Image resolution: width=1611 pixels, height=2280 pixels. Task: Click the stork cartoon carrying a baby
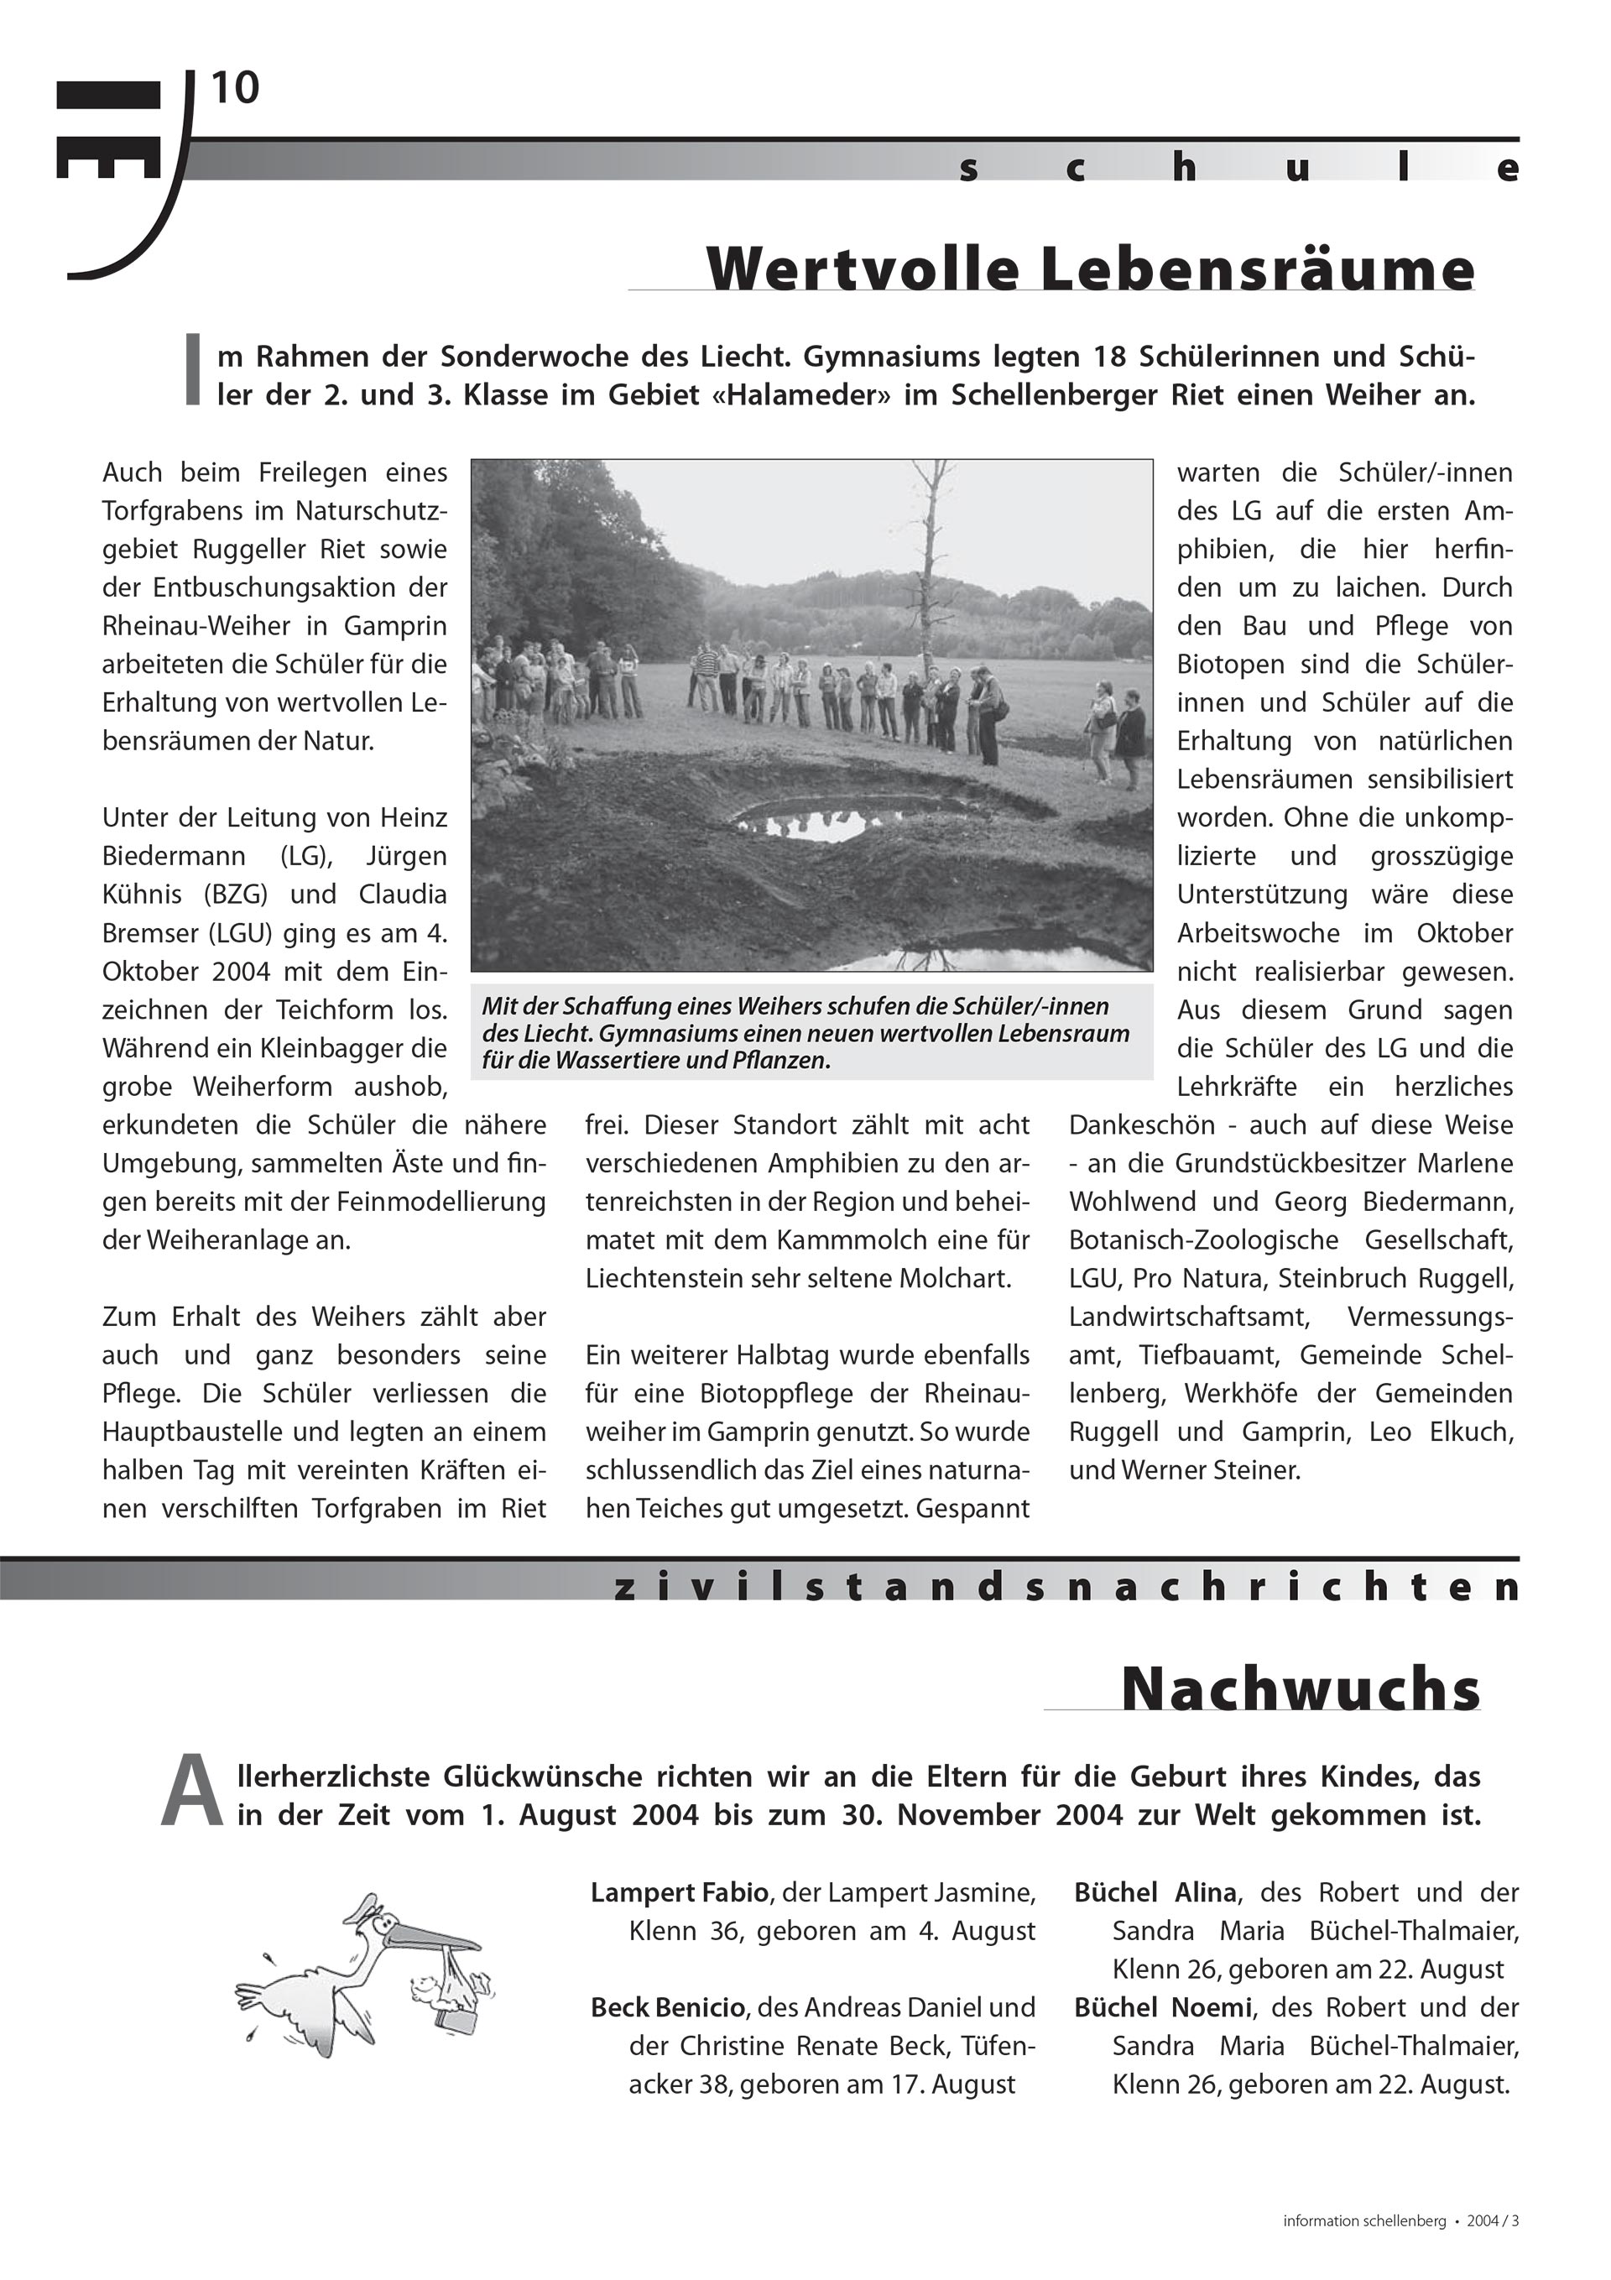(357, 1976)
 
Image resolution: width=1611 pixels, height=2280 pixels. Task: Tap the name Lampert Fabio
(680, 1892)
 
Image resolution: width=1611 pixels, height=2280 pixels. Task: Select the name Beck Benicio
(667, 2008)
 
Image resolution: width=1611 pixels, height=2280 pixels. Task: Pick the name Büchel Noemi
(1162, 2008)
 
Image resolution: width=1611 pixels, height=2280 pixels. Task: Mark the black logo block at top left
(108, 129)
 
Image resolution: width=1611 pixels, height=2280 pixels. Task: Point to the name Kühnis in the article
(139, 895)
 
